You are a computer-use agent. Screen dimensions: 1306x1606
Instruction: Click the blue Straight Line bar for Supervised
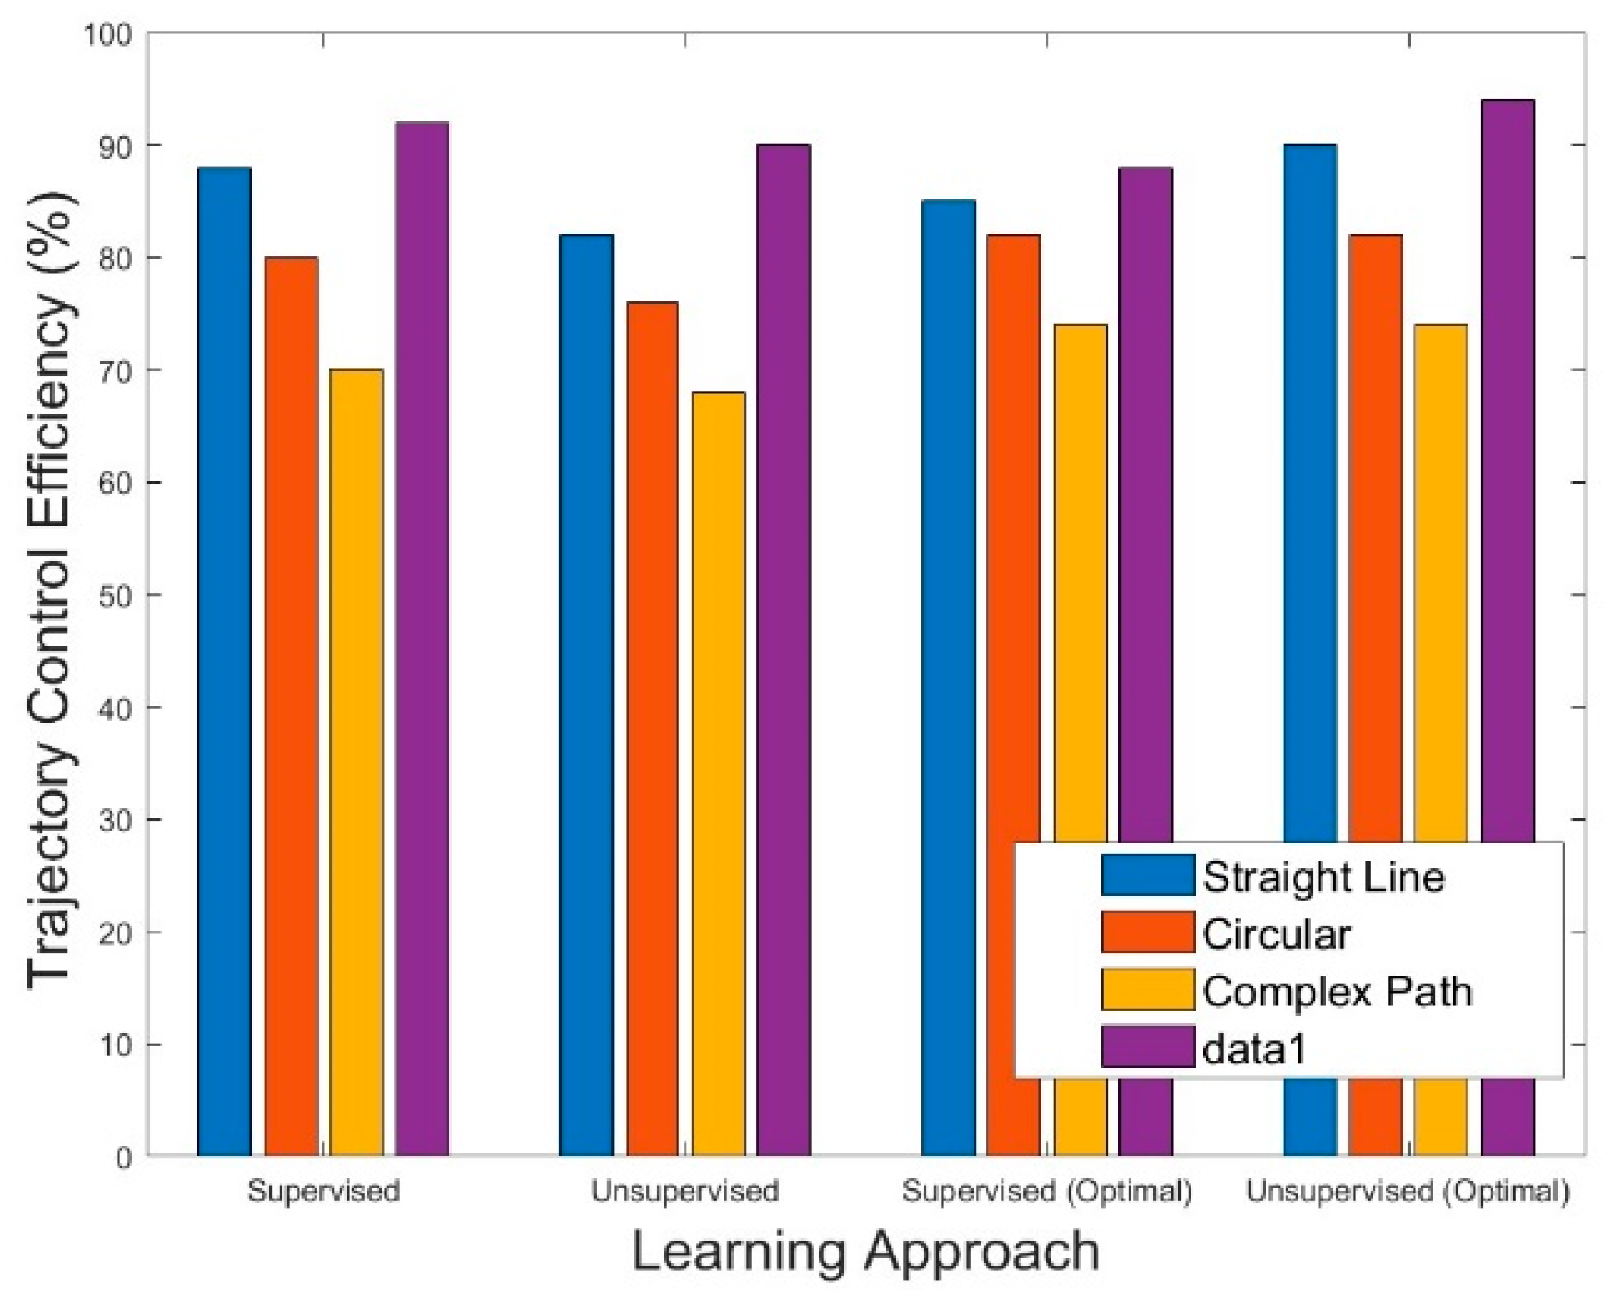pos(224,662)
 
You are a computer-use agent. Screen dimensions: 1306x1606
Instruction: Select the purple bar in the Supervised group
pos(422,639)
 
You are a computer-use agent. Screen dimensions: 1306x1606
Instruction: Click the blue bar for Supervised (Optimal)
pos(948,678)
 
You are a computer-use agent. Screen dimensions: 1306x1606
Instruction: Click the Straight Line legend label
pos(1323,877)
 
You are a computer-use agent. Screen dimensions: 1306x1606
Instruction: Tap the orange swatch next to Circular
pos(1147,932)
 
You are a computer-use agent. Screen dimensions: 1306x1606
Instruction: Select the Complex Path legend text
pos(1337,991)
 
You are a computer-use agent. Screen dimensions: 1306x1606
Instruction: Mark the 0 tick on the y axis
pos(124,1158)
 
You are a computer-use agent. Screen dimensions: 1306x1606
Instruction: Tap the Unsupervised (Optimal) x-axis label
pos(1407,1192)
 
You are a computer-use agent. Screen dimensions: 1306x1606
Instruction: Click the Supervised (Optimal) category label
pos(1047,1192)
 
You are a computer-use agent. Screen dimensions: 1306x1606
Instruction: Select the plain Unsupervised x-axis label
pos(685,1192)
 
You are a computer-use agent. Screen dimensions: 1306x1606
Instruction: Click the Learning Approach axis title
pos(865,1252)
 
